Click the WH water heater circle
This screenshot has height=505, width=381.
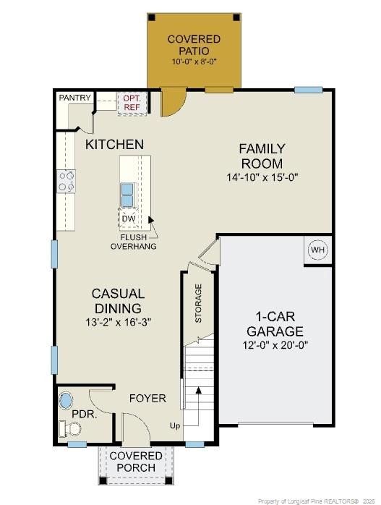317,250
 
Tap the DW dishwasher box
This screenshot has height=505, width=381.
129,218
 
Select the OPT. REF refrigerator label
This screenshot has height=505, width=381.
132,103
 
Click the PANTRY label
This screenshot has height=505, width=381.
74,98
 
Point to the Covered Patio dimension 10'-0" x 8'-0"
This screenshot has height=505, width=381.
194,62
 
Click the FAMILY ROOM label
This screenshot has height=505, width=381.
262,156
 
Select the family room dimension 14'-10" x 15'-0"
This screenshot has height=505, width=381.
262,177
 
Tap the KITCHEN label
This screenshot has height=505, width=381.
114,145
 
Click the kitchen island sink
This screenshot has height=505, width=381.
127,195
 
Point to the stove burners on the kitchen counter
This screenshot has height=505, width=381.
67,181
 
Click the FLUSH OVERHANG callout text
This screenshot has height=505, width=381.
133,242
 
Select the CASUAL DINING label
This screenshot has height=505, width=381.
118,300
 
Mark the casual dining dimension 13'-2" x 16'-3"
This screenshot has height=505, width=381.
118,321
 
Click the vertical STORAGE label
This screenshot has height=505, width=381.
198,303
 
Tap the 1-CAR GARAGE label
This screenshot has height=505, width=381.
274,324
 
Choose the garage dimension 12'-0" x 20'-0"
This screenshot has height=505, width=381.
274,345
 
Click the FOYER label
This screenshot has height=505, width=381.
147,399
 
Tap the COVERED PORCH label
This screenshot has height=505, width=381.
136,462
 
